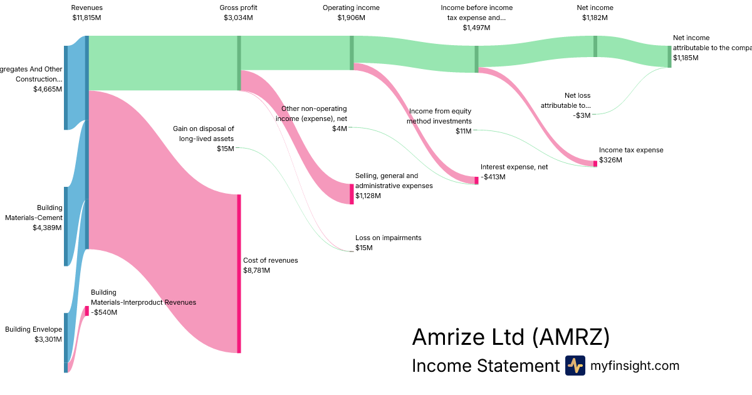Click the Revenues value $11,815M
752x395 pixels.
pyautogui.click(x=86, y=18)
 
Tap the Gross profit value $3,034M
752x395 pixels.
pyautogui.click(x=238, y=18)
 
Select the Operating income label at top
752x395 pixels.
pyautogui.click(x=351, y=8)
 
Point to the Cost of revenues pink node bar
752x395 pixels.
pyautogui.click(x=239, y=273)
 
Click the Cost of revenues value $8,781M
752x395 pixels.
pyautogui.click(x=256, y=270)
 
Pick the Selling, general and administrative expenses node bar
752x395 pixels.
pyautogui.click(x=352, y=194)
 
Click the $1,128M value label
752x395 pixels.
pyautogui.click(x=368, y=196)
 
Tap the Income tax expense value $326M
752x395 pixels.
pyautogui.click(x=610, y=161)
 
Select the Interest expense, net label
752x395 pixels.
pyautogui.click(x=514, y=167)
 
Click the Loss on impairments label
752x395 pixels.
pyautogui.click(x=388, y=238)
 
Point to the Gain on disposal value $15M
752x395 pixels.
pyautogui.click(x=226, y=149)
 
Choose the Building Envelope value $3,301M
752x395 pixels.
pyautogui.click(x=48, y=339)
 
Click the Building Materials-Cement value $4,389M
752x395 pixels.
pyautogui.click(x=47, y=228)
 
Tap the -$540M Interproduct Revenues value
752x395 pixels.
pyautogui.click(x=104, y=312)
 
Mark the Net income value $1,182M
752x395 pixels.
pyautogui.click(x=595, y=18)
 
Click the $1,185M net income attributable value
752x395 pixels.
pyautogui.click(x=686, y=58)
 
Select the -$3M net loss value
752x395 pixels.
pyautogui.click(x=582, y=115)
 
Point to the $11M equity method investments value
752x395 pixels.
pyautogui.click(x=464, y=131)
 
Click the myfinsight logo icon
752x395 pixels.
pyautogui.click(x=575, y=366)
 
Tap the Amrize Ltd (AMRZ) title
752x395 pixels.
pyautogui.click(x=510, y=337)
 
